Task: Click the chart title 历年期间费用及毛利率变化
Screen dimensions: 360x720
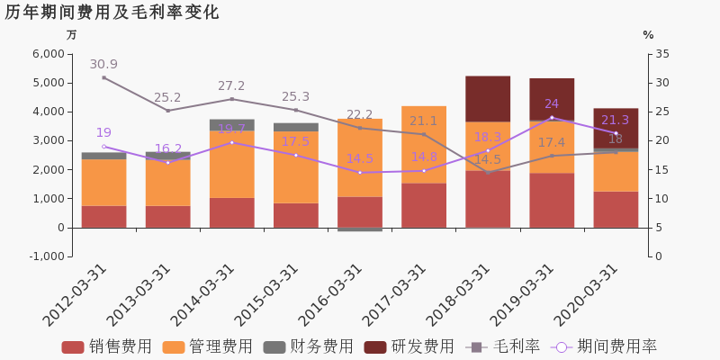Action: (x=112, y=13)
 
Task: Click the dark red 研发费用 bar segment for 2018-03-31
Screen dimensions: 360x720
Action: (x=488, y=99)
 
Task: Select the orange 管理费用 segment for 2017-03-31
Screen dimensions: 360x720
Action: (x=424, y=145)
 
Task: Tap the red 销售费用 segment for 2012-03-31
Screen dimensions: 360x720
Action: (x=104, y=217)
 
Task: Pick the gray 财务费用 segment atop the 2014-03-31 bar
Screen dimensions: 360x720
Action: (x=232, y=125)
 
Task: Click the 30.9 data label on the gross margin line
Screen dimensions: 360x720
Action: (x=103, y=65)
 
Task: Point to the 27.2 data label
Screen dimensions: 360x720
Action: (x=231, y=86)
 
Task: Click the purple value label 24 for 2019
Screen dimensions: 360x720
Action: (x=552, y=104)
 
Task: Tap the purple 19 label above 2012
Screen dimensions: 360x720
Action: (x=103, y=133)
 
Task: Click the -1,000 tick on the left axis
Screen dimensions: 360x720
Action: (x=47, y=256)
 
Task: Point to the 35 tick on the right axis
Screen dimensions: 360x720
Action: (x=663, y=54)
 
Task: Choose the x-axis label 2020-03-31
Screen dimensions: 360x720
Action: (x=585, y=294)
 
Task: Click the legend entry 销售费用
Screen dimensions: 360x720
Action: (x=108, y=347)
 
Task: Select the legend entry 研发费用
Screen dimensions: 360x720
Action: (x=410, y=347)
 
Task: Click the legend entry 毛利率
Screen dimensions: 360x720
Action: (x=504, y=347)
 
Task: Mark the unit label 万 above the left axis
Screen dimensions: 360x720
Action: (x=72, y=35)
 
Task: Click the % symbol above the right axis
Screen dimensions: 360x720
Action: (x=648, y=35)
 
